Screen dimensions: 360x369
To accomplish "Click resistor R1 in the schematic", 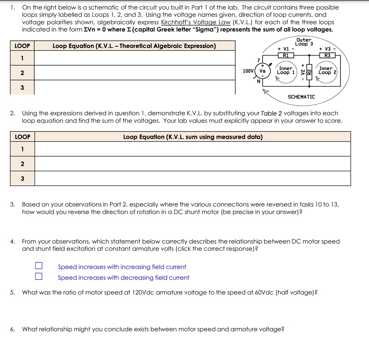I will click(286, 55).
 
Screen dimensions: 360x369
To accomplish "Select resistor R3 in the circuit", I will click(327, 55).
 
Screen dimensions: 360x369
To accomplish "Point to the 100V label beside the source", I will click(248, 71).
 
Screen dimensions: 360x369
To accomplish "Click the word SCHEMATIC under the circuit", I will click(301, 97).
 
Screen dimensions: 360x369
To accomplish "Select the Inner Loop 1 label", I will click(286, 70).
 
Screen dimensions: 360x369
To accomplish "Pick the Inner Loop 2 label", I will click(326, 70).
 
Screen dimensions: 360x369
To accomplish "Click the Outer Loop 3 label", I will click(304, 42).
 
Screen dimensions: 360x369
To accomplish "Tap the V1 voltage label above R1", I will click(286, 49).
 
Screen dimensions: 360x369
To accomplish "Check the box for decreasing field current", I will click(39, 277).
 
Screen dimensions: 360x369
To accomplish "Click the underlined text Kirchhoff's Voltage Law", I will click(196, 22).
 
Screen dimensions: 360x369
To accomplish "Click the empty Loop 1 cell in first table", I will click(134, 58).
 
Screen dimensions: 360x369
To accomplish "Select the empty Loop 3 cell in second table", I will click(192, 178).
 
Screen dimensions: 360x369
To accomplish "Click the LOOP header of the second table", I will click(22, 137).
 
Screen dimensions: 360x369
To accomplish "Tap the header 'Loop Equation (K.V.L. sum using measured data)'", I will click(193, 137).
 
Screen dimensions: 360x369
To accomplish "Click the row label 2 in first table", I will click(22, 73).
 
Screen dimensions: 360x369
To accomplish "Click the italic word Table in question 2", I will click(269, 113).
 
